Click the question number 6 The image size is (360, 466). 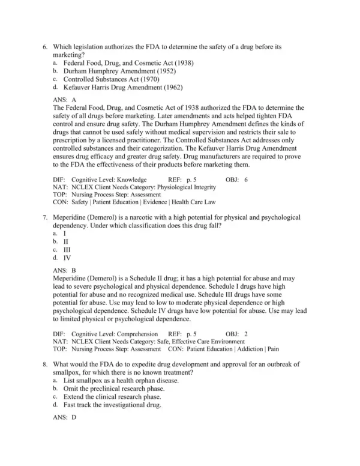coord(45,46)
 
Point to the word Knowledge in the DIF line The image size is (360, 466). coord(131,179)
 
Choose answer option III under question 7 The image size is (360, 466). coord(67,249)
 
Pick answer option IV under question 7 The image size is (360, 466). coord(67,258)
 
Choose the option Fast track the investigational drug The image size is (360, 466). coord(112,405)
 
